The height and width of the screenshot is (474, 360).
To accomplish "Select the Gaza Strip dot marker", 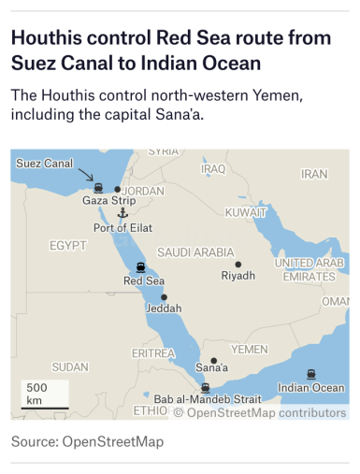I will pos(117,189).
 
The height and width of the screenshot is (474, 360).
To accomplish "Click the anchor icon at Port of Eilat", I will pos(122,213).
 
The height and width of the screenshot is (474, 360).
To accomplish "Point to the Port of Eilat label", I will pos(122,227).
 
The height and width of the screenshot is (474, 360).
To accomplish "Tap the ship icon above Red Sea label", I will pos(140,267).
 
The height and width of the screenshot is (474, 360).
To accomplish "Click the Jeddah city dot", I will pos(164,297).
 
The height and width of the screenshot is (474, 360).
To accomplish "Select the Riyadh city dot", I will pos(238,265).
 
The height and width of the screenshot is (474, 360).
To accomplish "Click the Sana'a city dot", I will pos(214,360).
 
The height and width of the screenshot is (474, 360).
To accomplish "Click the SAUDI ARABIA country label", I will pos(195,252).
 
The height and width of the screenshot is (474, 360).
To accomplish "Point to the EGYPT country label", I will pos(67,245).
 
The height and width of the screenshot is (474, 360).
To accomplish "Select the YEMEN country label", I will pos(249,349).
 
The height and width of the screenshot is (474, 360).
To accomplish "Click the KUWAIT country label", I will pos(246,212).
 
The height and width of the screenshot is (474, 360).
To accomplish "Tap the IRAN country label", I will pos(314,174).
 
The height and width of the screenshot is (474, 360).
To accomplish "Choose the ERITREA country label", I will pos(153,353).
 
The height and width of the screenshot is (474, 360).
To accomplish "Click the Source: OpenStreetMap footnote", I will pos(87,441).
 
